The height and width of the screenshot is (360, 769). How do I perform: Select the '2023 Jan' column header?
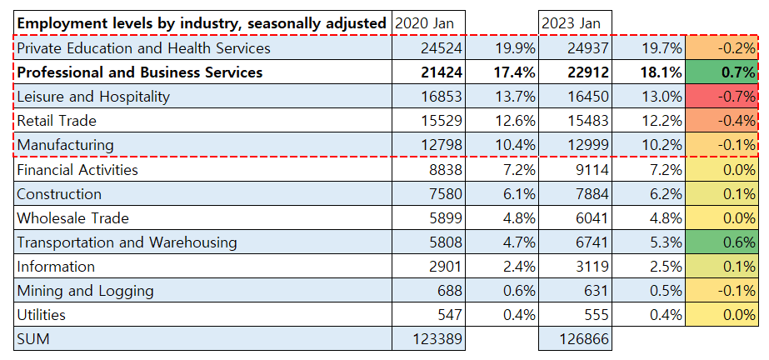point(570,23)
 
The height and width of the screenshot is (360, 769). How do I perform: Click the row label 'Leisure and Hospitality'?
point(93,97)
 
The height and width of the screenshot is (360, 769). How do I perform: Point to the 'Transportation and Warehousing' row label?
point(127,242)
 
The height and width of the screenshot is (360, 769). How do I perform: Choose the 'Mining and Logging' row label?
point(85,291)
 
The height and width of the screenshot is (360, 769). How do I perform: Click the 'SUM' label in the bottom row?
point(33,339)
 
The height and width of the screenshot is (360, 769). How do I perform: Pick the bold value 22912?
point(589,72)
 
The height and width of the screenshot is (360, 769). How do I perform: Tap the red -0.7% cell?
point(722,97)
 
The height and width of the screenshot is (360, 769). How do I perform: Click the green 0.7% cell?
point(722,72)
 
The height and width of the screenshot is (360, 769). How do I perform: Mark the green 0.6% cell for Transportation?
point(722,242)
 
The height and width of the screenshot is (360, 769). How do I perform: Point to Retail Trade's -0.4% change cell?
point(722,121)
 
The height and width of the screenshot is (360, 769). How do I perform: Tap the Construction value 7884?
point(592,194)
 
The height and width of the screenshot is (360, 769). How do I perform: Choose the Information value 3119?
point(592,267)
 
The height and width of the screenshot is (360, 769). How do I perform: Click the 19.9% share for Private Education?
point(514,48)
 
